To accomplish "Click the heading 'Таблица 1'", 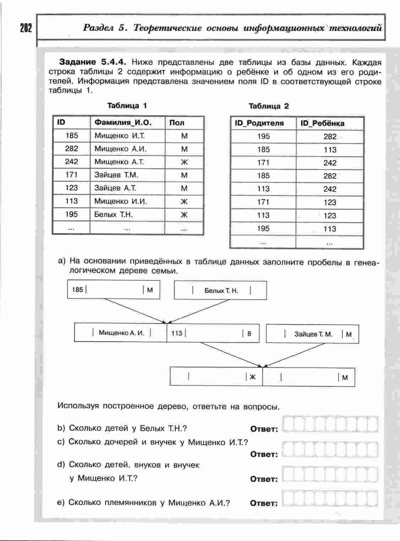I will pyautogui.click(x=127, y=105).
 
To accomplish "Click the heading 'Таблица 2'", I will pyautogui.click(x=269, y=106).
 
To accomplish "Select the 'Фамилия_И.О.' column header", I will pyautogui.click(x=123, y=123).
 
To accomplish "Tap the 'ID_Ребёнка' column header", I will pyautogui.click(x=322, y=123).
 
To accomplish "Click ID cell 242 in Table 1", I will pyautogui.click(x=71, y=162).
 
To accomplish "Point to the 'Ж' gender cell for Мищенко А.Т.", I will pyautogui.click(x=184, y=162).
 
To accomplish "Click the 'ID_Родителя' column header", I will pyautogui.click(x=259, y=123).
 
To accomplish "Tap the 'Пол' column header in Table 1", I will pyautogui.click(x=177, y=123).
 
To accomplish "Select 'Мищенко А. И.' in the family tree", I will pyautogui.click(x=121, y=333).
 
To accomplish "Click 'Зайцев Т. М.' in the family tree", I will pyautogui.click(x=313, y=334).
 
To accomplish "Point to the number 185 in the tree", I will pyautogui.click(x=77, y=290).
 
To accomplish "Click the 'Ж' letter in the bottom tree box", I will pyautogui.click(x=253, y=377).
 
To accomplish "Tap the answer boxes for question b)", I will pyautogui.click(x=331, y=425).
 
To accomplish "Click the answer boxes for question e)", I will pyautogui.click(x=331, y=499).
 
